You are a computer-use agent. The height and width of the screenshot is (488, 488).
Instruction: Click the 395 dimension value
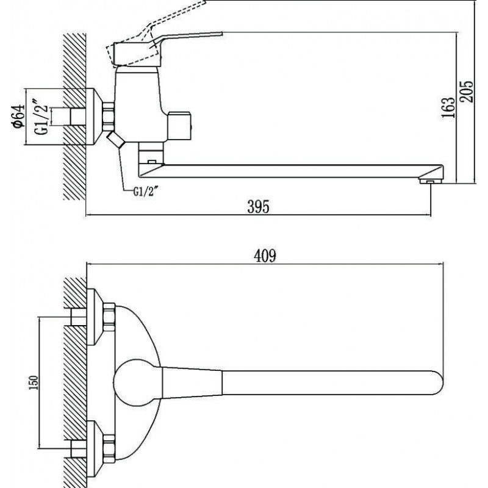click(258, 207)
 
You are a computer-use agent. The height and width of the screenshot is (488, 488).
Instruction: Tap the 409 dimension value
click(265, 256)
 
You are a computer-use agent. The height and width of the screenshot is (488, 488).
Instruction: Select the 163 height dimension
click(448, 107)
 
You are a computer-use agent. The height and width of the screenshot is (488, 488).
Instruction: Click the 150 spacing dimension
click(34, 382)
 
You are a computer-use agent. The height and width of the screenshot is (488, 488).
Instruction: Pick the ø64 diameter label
click(18, 116)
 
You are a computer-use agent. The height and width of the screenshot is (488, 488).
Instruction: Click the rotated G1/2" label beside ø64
click(41, 117)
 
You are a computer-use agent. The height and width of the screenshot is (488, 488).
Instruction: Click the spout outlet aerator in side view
click(431, 181)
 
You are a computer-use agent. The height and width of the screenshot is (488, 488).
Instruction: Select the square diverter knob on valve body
click(179, 126)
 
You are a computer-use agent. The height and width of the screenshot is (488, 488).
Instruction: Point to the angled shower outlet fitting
click(115, 140)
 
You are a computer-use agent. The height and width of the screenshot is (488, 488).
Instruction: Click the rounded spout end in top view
click(437, 382)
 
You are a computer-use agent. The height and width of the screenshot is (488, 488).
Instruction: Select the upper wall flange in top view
click(95, 317)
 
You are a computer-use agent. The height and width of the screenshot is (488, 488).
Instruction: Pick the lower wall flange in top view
click(95, 449)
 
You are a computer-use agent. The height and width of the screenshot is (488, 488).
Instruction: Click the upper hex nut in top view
click(109, 317)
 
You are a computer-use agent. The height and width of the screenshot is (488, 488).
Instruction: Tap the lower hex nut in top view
click(109, 449)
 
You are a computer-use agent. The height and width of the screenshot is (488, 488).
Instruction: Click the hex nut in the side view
click(109, 117)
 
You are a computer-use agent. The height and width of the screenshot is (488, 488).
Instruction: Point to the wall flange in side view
click(94, 117)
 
